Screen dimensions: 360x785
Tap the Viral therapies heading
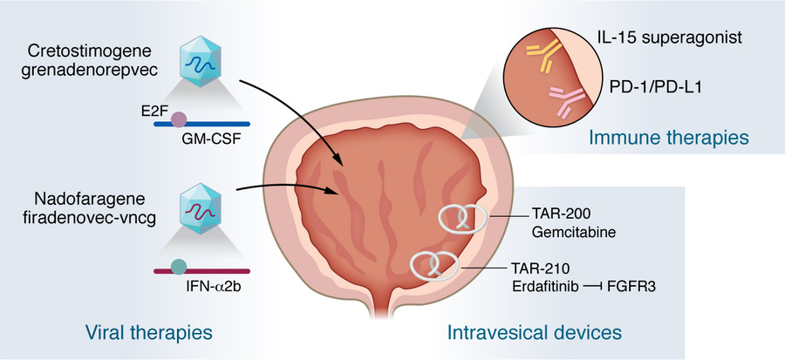(148, 332)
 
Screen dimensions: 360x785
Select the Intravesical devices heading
(534, 332)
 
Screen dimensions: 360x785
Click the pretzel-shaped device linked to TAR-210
(437, 263)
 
